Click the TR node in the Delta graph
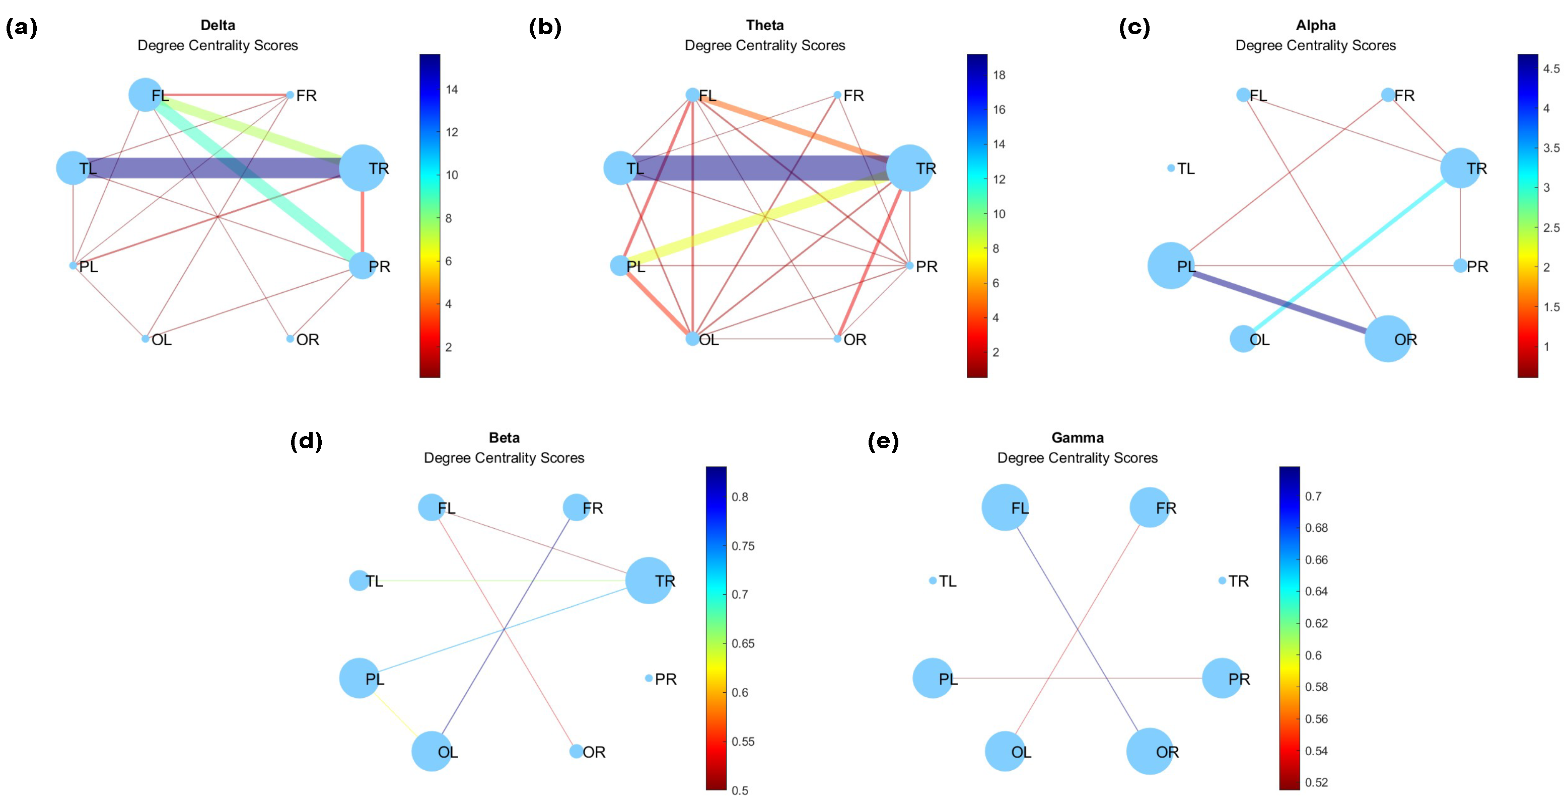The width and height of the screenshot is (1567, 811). point(362,168)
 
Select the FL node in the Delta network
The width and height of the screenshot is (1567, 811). point(146,95)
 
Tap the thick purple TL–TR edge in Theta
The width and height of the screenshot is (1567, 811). point(760,168)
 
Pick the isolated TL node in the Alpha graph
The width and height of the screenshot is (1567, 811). point(1171,168)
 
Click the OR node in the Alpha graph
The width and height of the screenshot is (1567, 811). point(1388,339)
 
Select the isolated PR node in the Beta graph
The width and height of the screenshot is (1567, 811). point(649,678)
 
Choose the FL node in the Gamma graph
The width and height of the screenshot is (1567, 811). point(1005,508)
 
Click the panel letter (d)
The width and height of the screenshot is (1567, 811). point(306,441)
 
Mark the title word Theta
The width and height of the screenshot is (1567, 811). point(765,25)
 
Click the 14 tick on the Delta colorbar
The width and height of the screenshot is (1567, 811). point(451,90)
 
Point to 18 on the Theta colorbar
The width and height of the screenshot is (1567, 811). point(999,75)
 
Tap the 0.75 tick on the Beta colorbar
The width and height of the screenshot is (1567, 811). point(743,546)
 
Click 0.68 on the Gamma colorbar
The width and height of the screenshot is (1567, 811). point(1316,528)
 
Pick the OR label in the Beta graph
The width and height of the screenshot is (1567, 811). point(594,752)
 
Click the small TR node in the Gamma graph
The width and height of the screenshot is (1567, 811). point(1222,581)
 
